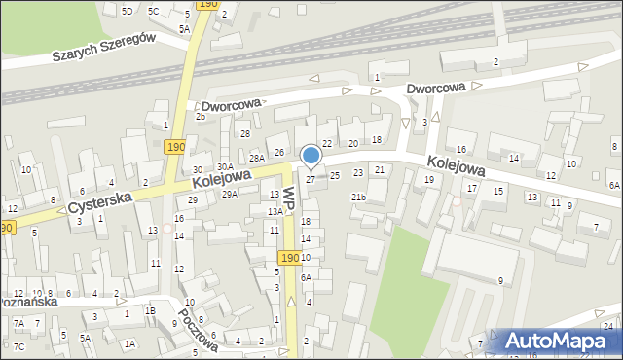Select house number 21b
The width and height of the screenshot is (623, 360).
[x=358, y=198]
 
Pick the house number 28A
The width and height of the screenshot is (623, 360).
[x=257, y=158]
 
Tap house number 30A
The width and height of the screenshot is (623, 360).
[x=224, y=167]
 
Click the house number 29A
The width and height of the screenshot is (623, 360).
[x=229, y=195]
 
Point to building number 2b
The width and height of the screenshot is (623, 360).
[x=200, y=117]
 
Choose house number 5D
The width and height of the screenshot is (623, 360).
[x=128, y=11]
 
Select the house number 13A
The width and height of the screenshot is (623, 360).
[x=275, y=211]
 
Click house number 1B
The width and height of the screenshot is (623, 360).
[x=150, y=310]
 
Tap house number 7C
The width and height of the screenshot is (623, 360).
[x=19, y=347]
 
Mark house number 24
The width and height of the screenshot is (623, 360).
[x=607, y=325]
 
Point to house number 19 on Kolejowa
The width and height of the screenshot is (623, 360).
[x=428, y=179]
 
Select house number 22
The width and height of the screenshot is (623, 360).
[x=327, y=143]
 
